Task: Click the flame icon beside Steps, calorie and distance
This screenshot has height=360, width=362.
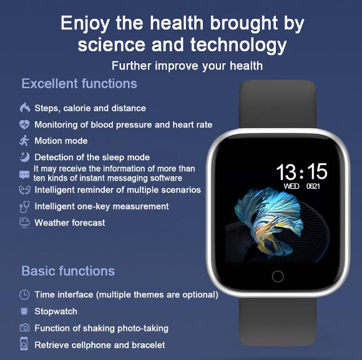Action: click(25, 107)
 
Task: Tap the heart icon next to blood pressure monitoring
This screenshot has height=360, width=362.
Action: click(24, 124)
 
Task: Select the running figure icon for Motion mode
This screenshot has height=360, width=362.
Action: click(24, 141)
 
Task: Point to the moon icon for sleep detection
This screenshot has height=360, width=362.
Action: click(25, 157)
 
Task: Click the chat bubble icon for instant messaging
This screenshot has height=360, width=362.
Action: click(24, 174)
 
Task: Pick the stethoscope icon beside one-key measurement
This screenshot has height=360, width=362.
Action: click(24, 207)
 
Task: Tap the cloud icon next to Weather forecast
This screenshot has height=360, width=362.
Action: click(24, 222)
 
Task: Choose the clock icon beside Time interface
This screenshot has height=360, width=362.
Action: click(24, 295)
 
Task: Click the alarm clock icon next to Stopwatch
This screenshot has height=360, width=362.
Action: click(24, 311)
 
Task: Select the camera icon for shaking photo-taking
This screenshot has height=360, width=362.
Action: click(24, 327)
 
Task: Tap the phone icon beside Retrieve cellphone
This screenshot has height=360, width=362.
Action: click(24, 344)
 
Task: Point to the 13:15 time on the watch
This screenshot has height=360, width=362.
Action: click(301, 171)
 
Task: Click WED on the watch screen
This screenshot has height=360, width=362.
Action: click(291, 186)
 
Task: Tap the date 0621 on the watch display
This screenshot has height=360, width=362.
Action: click(313, 186)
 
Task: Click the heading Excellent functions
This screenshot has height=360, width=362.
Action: click(79, 84)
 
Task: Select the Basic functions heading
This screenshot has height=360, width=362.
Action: click(68, 271)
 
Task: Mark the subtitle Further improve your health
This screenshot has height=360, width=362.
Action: click(187, 66)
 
